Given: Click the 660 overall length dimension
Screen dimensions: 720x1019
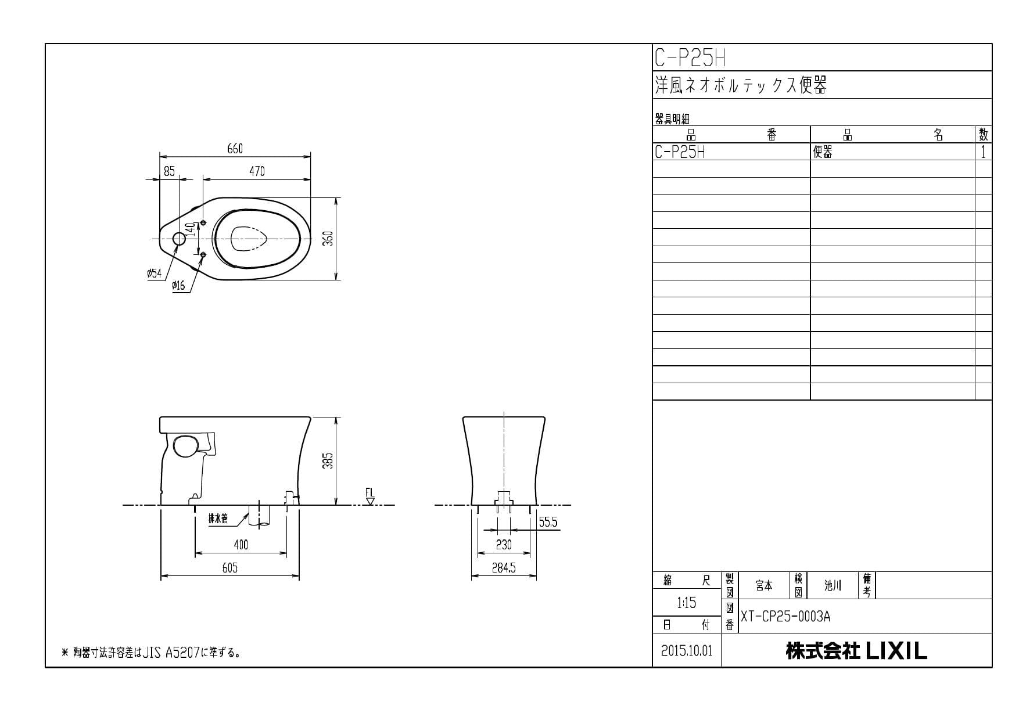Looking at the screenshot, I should [x=235, y=149].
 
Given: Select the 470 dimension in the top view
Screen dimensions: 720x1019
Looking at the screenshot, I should [x=257, y=171].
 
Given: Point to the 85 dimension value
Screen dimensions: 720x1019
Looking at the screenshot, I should [x=169, y=171].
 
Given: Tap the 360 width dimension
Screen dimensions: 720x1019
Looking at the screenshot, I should [x=328, y=239].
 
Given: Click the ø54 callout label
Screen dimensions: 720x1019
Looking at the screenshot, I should [x=155, y=273].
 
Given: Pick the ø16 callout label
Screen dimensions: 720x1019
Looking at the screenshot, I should [x=178, y=286].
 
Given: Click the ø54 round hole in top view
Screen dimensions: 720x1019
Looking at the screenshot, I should [x=179, y=239].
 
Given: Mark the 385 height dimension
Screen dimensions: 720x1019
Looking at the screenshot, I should [x=328, y=461].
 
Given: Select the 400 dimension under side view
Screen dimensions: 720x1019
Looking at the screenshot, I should [x=241, y=545].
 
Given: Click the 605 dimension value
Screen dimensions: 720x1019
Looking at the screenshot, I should [x=230, y=568].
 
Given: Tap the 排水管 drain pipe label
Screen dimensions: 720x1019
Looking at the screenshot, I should [x=218, y=519].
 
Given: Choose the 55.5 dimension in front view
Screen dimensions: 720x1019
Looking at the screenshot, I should [x=548, y=523].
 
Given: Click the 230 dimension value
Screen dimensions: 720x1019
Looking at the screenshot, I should [x=504, y=545].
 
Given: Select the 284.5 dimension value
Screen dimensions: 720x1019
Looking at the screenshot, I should [x=504, y=568].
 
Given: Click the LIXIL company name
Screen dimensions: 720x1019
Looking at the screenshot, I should [x=856, y=651].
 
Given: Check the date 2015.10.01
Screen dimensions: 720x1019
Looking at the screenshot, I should [x=687, y=651].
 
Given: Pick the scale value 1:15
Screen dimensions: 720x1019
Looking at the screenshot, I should [x=686, y=603].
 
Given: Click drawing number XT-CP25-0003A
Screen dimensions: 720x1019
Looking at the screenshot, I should [x=785, y=617].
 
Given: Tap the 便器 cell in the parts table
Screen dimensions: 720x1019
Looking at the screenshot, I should [x=823, y=152].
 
